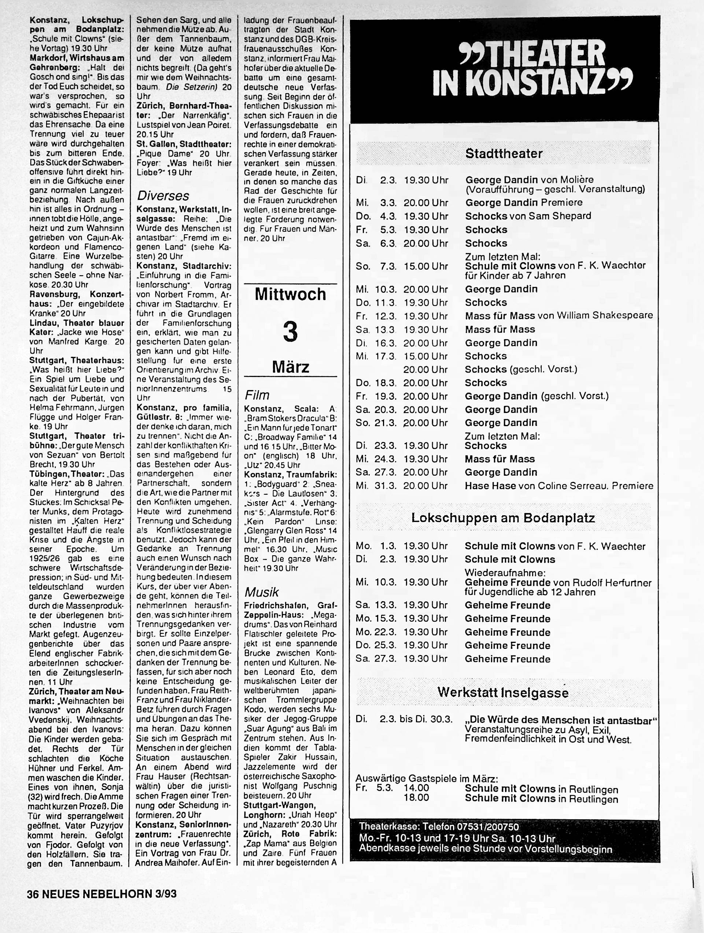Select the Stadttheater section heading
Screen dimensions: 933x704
[x=504, y=154]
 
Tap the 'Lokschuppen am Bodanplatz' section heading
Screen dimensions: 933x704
[x=503, y=518]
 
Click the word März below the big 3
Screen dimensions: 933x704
[x=291, y=366]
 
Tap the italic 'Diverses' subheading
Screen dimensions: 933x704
[x=163, y=196]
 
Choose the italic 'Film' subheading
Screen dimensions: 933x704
[x=257, y=395]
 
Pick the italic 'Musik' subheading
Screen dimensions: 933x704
[x=261, y=593]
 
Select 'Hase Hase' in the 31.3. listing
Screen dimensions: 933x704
[x=490, y=486]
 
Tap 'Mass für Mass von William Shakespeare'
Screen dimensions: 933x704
[x=559, y=315]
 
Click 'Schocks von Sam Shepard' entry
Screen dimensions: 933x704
[x=528, y=216]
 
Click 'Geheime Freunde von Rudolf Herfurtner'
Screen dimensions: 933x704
[x=558, y=582]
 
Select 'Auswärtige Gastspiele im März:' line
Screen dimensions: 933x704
[x=427, y=779]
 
